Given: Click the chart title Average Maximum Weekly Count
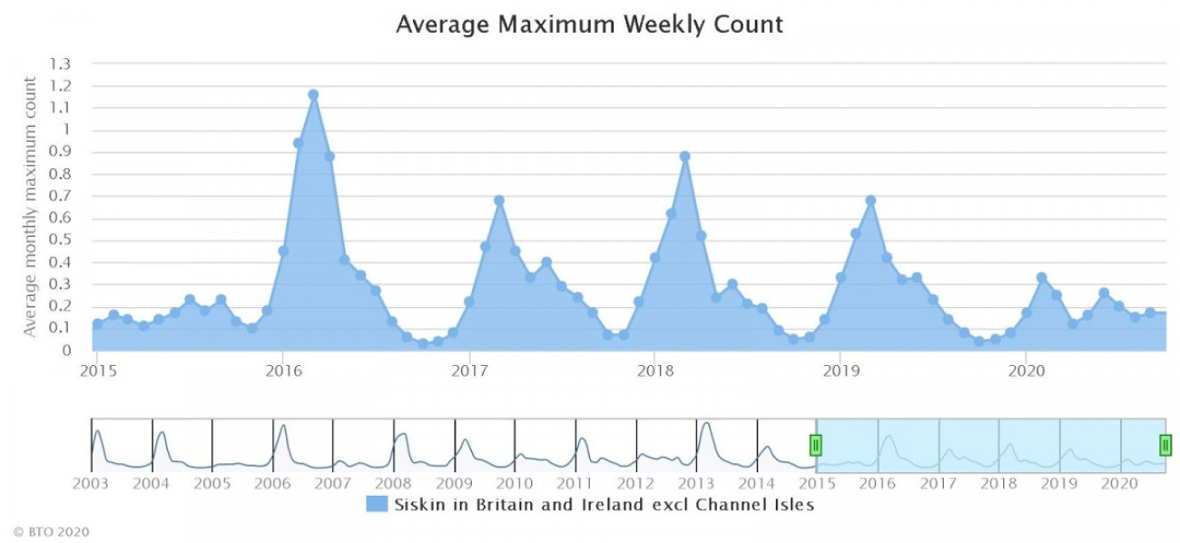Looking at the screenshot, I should (589, 25).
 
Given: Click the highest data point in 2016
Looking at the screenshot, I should (313, 94).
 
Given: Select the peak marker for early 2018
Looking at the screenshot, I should (684, 156).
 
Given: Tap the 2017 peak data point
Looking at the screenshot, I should (498, 201).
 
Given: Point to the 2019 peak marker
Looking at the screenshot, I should (870, 201).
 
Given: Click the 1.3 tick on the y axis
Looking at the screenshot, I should (61, 64).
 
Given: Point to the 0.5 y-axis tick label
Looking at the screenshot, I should (61, 241).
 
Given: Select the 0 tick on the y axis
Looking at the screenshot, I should (65, 350).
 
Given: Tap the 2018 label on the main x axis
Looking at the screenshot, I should (654, 370).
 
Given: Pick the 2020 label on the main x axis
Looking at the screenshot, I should (1025, 370).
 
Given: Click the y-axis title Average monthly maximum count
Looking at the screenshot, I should (31, 207).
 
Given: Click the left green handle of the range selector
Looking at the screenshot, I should (815, 445).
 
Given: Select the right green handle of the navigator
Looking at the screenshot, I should (1165, 445).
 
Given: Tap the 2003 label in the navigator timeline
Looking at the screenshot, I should (91, 483).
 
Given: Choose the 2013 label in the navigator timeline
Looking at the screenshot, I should (697, 483).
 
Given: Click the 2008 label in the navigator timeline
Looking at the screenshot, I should (393, 483).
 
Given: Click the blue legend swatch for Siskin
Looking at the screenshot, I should (377, 504).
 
